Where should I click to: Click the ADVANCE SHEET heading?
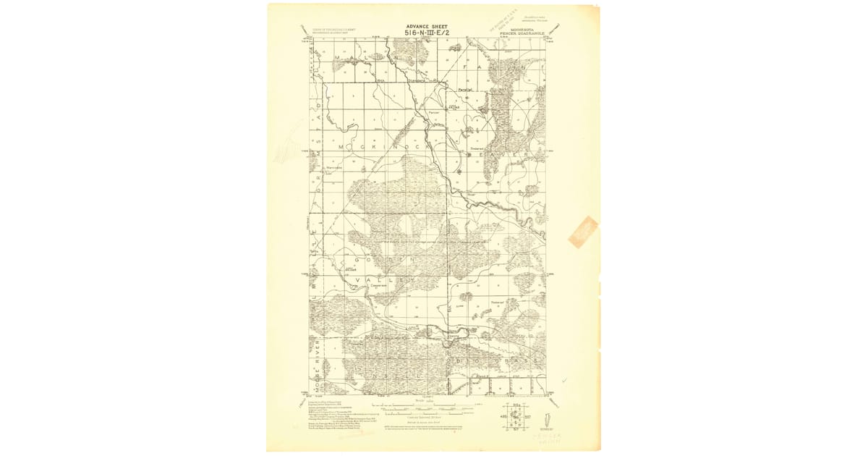pos(427,26)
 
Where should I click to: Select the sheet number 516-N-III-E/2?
pos(427,33)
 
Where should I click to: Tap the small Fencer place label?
pos(434,112)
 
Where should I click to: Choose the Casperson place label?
pos(380,285)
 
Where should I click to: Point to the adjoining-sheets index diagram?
pos(516,417)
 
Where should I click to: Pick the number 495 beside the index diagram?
pos(503,417)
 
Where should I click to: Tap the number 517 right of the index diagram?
pos(529,417)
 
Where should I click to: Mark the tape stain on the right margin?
pos(582,232)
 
